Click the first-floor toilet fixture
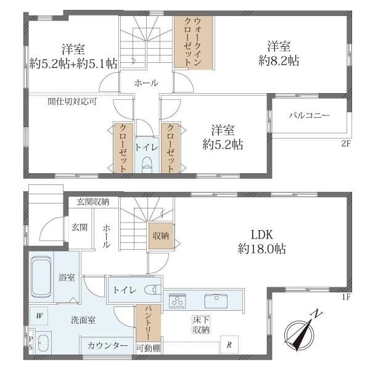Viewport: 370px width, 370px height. pos(150,290)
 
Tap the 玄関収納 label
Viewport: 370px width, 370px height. pos(93,201)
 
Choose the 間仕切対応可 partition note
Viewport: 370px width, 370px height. pos(72,102)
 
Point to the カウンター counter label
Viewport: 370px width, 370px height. pos(108,345)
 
